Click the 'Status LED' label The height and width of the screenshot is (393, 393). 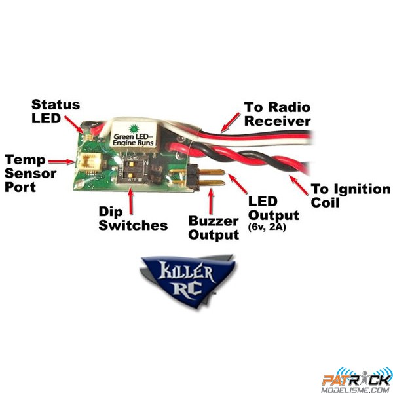[56, 111]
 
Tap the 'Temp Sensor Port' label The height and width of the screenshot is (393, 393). [30, 173]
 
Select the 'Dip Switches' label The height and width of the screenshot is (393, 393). [133, 218]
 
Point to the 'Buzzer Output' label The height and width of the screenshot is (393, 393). [214, 228]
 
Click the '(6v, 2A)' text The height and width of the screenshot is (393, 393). [267, 227]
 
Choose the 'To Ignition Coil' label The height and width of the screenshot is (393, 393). [350, 195]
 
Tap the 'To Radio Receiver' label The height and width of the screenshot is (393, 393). [278, 114]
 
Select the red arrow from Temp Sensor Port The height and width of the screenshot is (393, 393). [62, 161]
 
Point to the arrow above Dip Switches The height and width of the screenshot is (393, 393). [130, 201]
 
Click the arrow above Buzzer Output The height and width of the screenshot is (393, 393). [211, 201]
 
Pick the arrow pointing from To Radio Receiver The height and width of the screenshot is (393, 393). [230, 122]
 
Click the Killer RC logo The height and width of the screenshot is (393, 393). [188, 281]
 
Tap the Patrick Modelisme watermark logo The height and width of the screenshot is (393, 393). [357, 379]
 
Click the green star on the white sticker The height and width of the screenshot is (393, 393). [132, 129]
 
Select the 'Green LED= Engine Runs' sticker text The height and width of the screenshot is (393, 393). [134, 140]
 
